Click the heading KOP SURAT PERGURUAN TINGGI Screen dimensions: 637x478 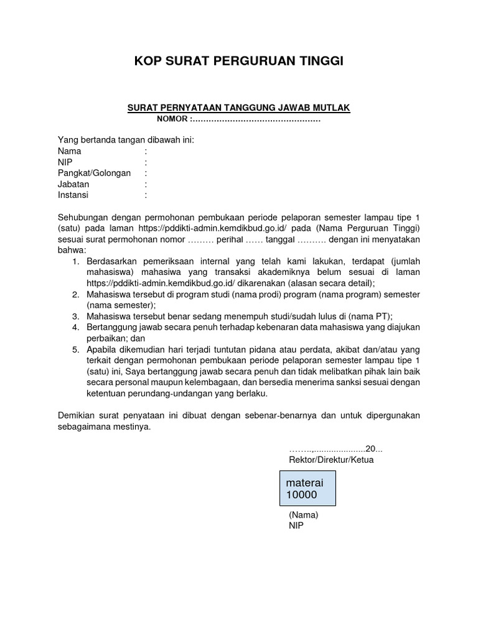(239, 61)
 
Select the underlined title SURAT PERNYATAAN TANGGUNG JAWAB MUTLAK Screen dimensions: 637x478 (239, 108)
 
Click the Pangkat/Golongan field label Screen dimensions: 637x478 (94, 173)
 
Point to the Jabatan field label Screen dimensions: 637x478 (73, 184)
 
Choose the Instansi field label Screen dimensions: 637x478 (73, 195)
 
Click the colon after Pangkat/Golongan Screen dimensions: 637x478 (146, 173)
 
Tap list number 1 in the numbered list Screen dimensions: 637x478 (76, 261)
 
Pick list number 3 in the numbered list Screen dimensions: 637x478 (76, 316)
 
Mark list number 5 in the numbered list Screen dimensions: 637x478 (76, 350)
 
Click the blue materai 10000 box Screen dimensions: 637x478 (309, 488)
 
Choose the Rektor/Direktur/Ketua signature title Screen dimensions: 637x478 (331, 460)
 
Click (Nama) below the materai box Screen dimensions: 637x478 (304, 515)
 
